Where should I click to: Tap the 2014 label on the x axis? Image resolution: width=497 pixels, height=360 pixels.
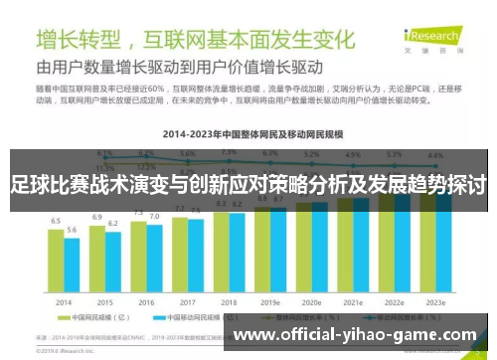63,301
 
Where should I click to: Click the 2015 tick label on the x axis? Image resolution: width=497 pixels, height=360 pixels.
104,301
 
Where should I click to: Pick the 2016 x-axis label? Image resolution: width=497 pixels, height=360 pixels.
146,301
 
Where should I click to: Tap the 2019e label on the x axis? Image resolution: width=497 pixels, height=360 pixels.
270,301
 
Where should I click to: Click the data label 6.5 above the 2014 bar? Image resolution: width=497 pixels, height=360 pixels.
56,220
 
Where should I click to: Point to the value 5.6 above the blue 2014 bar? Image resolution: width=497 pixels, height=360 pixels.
71,230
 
